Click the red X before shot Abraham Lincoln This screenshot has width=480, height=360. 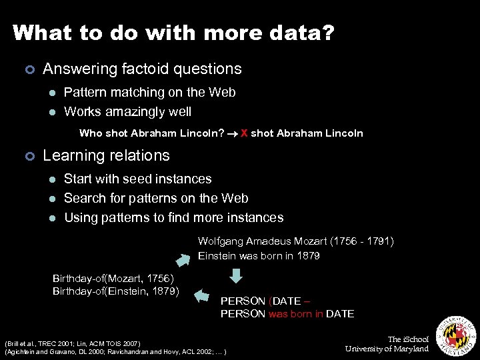[244, 133]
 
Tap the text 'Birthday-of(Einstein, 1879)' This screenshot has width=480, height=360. [115, 291]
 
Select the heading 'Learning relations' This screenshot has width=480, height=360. [106, 155]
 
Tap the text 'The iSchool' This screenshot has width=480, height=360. [408, 339]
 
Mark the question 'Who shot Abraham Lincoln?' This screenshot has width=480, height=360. [151, 133]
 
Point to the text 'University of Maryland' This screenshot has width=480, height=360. [387, 349]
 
